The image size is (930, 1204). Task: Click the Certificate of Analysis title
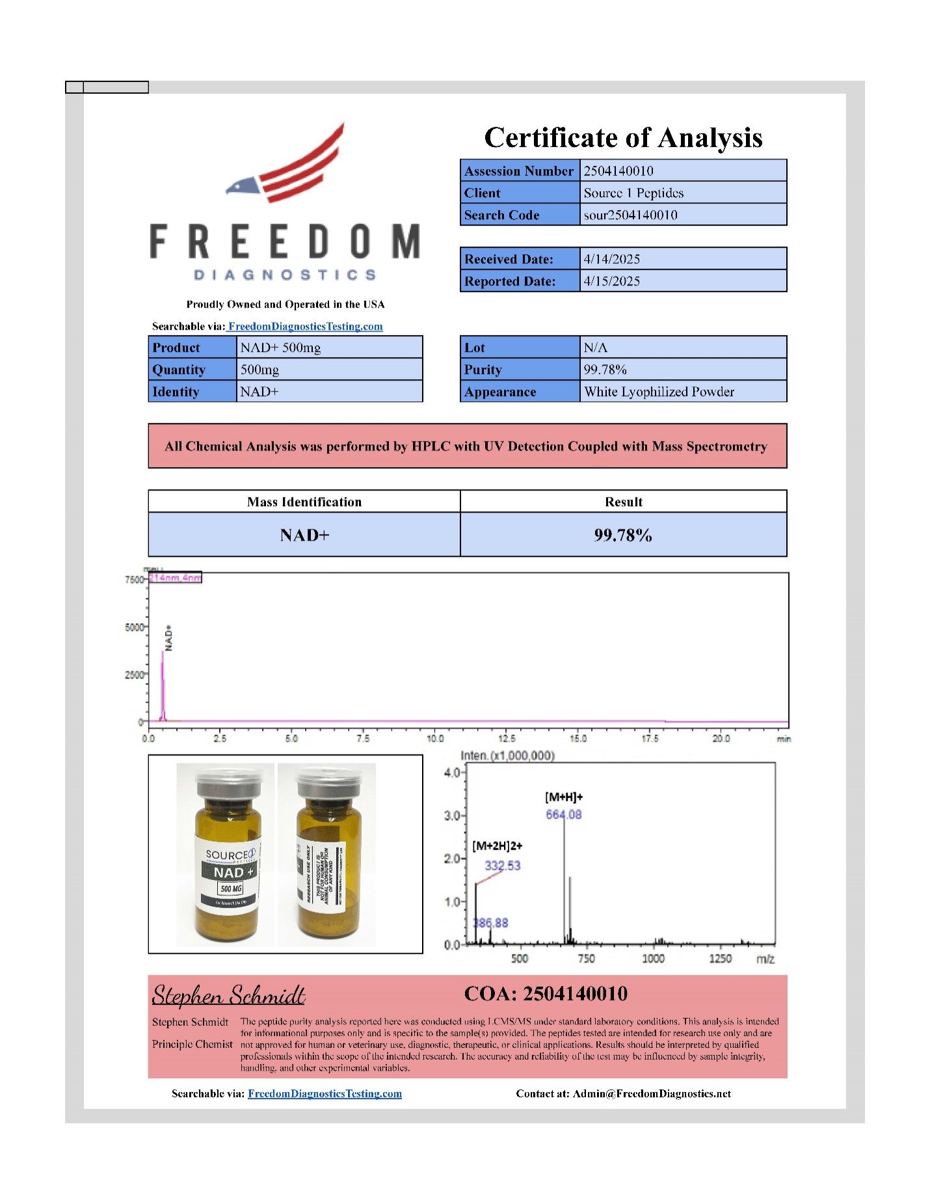(x=623, y=138)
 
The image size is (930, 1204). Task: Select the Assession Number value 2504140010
(x=618, y=171)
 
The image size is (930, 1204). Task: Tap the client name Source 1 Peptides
(x=633, y=193)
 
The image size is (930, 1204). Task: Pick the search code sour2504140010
(x=630, y=215)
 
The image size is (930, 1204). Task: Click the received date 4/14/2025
(x=611, y=259)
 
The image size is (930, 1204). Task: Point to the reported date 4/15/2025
(x=611, y=281)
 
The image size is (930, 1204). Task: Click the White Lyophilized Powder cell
(x=659, y=392)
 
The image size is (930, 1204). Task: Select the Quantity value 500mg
(x=259, y=369)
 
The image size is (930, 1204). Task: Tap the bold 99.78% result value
(x=622, y=535)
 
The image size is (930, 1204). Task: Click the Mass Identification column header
(x=304, y=502)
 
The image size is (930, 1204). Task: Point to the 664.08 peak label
(x=563, y=814)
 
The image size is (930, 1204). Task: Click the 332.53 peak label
(x=502, y=865)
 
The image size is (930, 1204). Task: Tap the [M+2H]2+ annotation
(x=497, y=846)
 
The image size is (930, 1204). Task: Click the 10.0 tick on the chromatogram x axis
(x=434, y=738)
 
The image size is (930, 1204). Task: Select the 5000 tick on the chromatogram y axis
(x=134, y=627)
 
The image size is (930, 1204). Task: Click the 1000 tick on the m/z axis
(x=653, y=958)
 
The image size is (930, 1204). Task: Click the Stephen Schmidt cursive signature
(x=228, y=995)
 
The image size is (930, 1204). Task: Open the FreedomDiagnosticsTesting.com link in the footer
(x=325, y=1093)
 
